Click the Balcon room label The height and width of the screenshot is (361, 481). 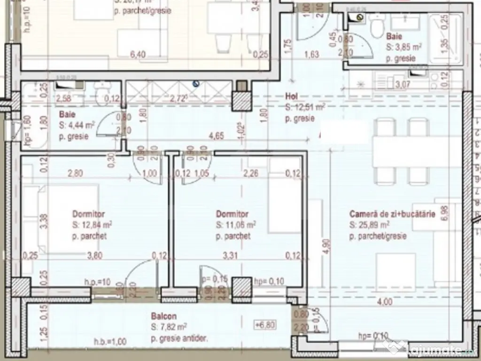point(164,317)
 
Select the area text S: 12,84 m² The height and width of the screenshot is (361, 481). point(92,224)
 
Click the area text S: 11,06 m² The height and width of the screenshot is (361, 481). point(236,225)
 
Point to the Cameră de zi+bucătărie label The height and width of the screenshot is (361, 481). point(392,214)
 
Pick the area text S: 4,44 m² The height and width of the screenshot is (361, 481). point(77,125)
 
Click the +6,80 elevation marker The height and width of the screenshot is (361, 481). point(264,325)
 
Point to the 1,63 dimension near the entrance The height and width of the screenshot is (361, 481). point(311,55)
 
